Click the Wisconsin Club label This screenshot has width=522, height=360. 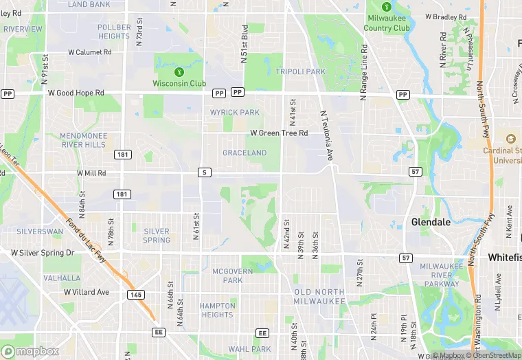pos(179,84)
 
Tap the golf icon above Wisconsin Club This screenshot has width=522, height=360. pos(179,71)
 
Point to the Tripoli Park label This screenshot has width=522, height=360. pos(300,71)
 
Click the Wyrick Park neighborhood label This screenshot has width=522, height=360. pos(235,112)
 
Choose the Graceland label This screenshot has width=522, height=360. pos(245,153)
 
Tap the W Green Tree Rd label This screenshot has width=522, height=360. pos(279,133)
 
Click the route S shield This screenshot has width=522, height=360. pos(204,172)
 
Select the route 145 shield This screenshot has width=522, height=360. pos(135,294)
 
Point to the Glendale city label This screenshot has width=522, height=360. pos(431,222)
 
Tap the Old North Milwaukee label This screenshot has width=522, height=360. pos(319,297)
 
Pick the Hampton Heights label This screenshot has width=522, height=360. pos(217,311)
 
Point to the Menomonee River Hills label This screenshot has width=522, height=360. pos(83,140)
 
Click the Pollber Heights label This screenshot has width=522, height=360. pos(114,32)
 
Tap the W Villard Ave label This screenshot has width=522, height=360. pos(86,292)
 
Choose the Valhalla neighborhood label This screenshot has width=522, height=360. pos(62,278)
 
